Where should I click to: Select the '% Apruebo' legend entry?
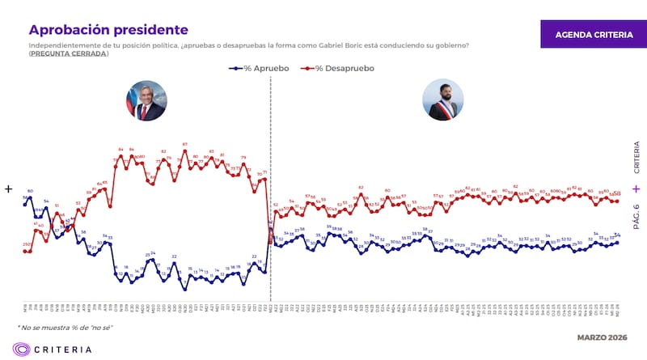point(257,69)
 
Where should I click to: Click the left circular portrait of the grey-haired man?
point(145,101)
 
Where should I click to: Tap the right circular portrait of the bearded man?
point(443,101)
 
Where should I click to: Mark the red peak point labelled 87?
point(185,150)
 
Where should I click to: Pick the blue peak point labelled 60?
point(30,197)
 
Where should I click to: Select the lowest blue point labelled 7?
point(185,289)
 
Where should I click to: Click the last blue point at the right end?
point(618,241)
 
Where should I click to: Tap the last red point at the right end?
point(618,201)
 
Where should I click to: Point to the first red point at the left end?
point(25,251)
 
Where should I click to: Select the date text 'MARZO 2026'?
point(602,337)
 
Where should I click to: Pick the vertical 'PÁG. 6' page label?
point(636,219)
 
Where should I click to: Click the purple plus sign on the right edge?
point(636,188)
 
